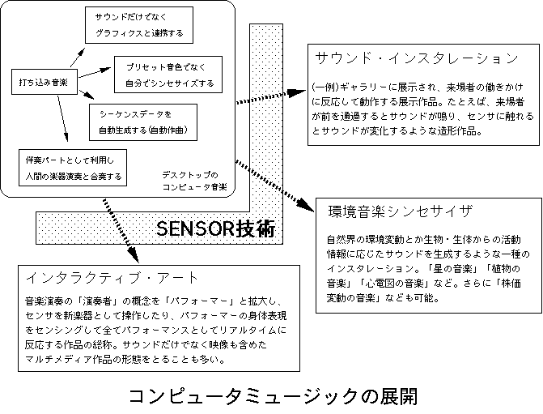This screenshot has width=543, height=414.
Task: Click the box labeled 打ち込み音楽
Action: (44, 82)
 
